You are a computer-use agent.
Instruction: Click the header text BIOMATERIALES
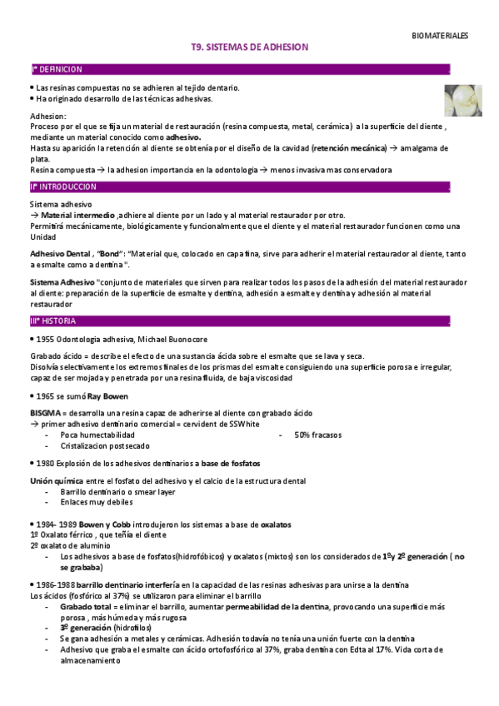(440, 36)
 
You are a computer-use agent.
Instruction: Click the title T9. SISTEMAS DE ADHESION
(250, 48)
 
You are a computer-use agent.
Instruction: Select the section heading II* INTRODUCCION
(63, 186)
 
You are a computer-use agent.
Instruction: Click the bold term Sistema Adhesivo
(62, 283)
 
